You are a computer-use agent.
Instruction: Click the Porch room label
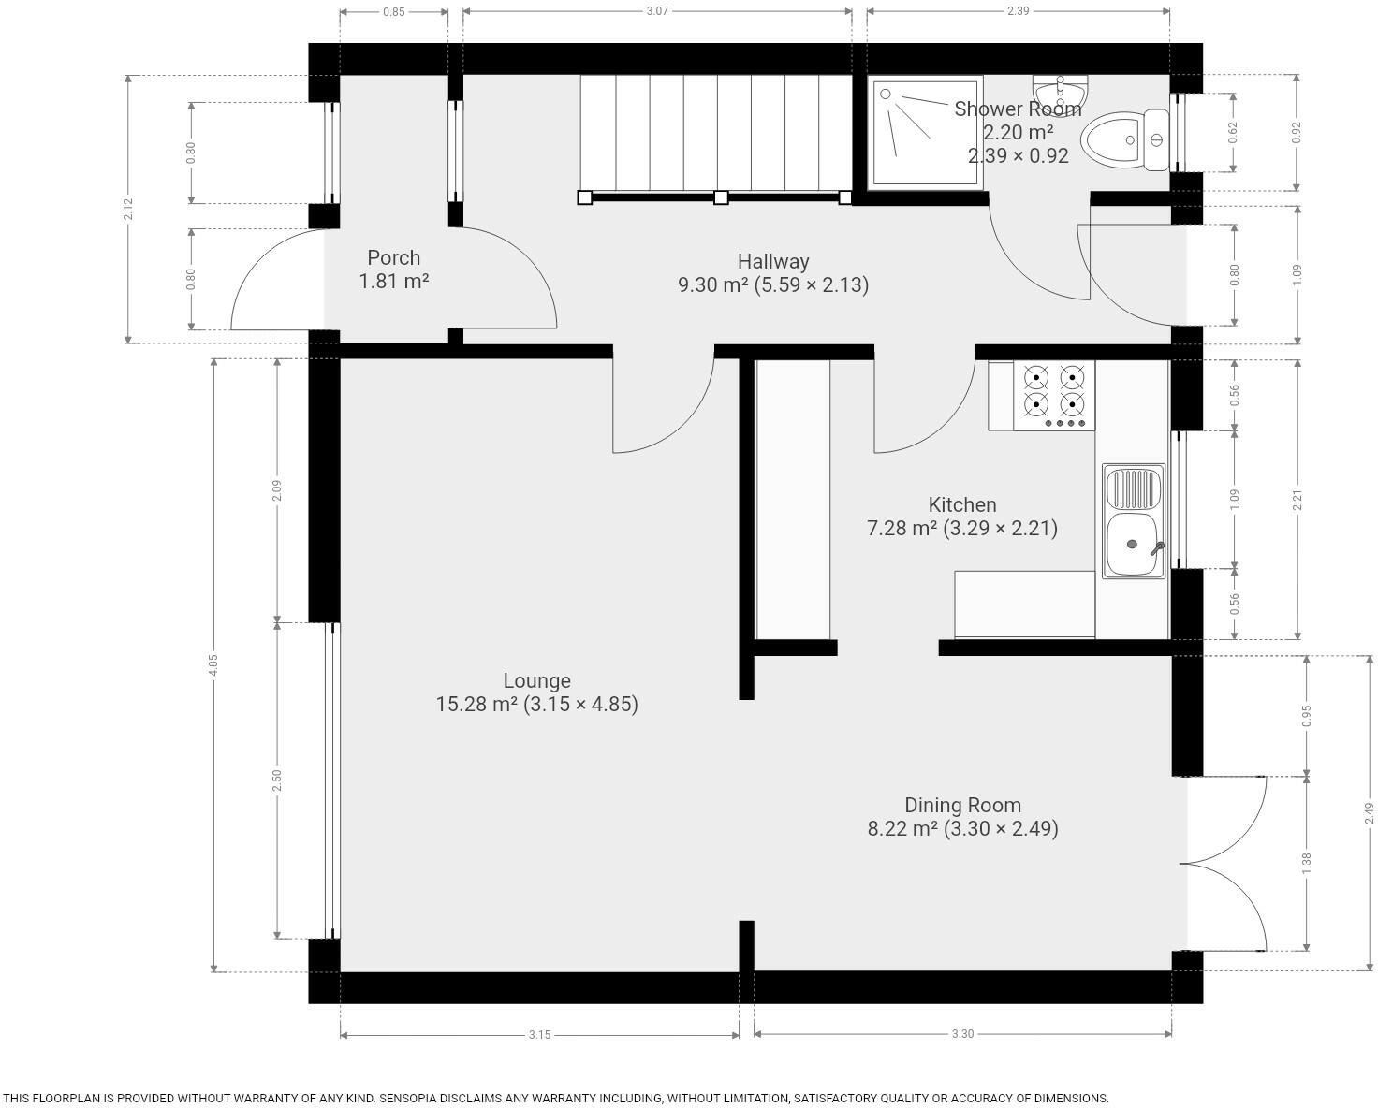pos(393,258)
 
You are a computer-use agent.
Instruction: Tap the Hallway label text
pos(773,261)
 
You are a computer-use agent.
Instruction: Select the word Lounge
pos(536,680)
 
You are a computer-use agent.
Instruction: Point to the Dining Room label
pos(962,805)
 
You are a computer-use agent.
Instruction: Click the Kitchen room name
pos(961,504)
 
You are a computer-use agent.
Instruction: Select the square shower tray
pos(925,133)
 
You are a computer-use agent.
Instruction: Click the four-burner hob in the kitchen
pos(1054,395)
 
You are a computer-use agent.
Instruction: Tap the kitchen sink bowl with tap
pos(1133,544)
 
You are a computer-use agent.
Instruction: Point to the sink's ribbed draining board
pos(1134,488)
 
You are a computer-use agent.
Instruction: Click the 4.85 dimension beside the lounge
pos(213,664)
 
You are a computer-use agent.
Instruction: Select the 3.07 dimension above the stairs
pos(657,11)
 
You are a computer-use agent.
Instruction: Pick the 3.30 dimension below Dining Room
pos(962,1034)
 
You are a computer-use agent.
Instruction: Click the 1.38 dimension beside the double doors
pos(1307,862)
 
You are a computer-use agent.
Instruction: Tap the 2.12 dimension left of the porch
pos(128,209)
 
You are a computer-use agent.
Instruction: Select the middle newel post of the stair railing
pos(721,197)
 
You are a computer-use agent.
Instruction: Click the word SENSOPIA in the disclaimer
pos(407,1098)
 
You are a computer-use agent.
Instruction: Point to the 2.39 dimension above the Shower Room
pos(1019,11)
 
